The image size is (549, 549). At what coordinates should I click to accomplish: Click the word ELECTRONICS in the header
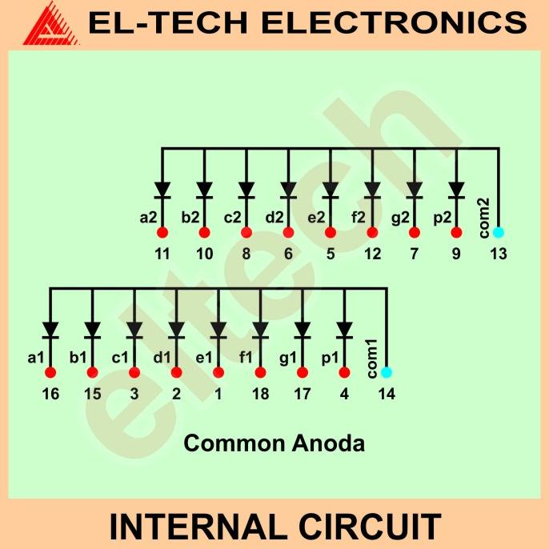coord(395,23)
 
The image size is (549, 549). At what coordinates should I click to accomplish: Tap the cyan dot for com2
coord(498,233)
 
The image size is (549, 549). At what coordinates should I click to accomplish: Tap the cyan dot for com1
coord(386,372)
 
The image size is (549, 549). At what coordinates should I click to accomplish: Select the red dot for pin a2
coord(162,233)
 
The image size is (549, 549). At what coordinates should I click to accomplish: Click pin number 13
coord(498,254)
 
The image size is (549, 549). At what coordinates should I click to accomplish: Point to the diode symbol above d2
coord(288,190)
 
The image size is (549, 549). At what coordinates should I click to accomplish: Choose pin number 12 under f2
coord(371,254)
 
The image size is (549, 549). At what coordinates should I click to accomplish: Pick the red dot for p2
coord(456,233)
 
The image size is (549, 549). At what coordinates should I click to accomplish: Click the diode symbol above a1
coord(50,330)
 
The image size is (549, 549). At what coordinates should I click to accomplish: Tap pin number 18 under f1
coord(260,394)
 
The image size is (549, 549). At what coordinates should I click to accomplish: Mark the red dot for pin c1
coord(134,372)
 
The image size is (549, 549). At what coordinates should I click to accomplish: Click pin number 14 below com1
coord(386,394)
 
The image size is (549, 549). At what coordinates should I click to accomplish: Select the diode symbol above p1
coord(344,330)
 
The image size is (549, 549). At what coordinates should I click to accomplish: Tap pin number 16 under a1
coord(50,394)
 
